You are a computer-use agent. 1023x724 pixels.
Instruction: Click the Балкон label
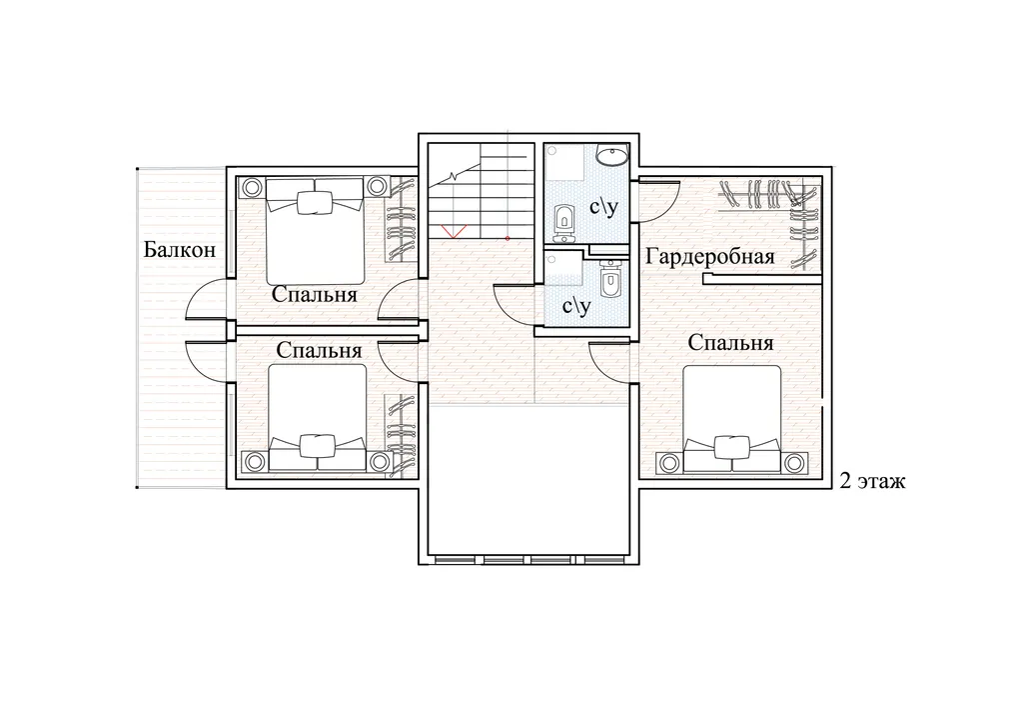[x=180, y=249]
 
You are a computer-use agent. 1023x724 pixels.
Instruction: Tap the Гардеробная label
[x=710, y=257]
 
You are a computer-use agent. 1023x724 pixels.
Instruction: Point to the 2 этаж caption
[x=872, y=482]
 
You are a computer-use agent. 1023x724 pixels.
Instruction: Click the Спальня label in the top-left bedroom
[x=315, y=294]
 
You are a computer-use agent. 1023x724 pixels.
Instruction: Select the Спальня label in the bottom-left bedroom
[x=319, y=350]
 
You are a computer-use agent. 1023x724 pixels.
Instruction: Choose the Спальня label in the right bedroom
[x=730, y=342]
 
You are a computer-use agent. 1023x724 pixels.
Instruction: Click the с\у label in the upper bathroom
[x=602, y=208]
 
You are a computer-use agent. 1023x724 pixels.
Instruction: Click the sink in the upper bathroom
[x=612, y=155]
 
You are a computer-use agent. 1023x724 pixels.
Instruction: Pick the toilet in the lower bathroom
[x=608, y=280]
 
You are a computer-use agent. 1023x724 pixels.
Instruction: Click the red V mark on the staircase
[x=453, y=230]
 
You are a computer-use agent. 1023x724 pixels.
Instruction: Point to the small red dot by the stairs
[x=508, y=238]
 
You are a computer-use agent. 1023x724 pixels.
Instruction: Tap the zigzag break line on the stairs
[x=455, y=176]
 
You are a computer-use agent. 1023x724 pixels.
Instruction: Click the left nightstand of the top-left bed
[x=252, y=188]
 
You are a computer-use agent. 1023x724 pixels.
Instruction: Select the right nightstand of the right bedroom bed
[x=793, y=463]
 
